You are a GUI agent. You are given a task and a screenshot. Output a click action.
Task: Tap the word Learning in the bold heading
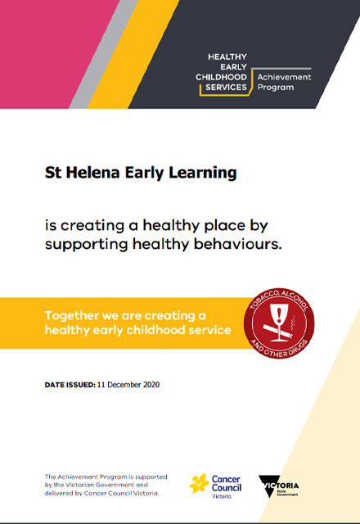tap(202, 174)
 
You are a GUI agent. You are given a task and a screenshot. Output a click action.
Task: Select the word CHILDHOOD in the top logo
tap(221, 77)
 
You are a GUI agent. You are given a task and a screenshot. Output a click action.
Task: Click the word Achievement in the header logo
tap(284, 77)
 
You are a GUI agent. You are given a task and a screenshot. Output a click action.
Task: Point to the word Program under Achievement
tap(276, 88)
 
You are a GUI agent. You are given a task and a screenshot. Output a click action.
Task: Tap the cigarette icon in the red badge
tap(278, 331)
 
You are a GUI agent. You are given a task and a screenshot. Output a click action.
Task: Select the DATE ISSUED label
tap(70, 385)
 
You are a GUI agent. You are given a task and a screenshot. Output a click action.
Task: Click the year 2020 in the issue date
tap(151, 385)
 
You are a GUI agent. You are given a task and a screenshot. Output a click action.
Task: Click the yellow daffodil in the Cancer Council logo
tap(199, 484)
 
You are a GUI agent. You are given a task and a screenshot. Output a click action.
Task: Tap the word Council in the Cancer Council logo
tap(227, 488)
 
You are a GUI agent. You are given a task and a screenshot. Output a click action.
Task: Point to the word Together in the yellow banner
tap(72, 316)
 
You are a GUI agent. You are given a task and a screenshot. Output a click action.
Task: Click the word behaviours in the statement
tap(238, 244)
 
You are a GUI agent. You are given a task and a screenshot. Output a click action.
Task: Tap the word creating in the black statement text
tap(92, 226)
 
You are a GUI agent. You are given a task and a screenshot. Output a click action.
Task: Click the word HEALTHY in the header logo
tap(227, 56)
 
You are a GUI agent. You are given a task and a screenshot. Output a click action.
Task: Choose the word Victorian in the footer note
tap(78, 485)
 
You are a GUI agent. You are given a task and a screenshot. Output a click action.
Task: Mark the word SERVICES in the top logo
tap(226, 88)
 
